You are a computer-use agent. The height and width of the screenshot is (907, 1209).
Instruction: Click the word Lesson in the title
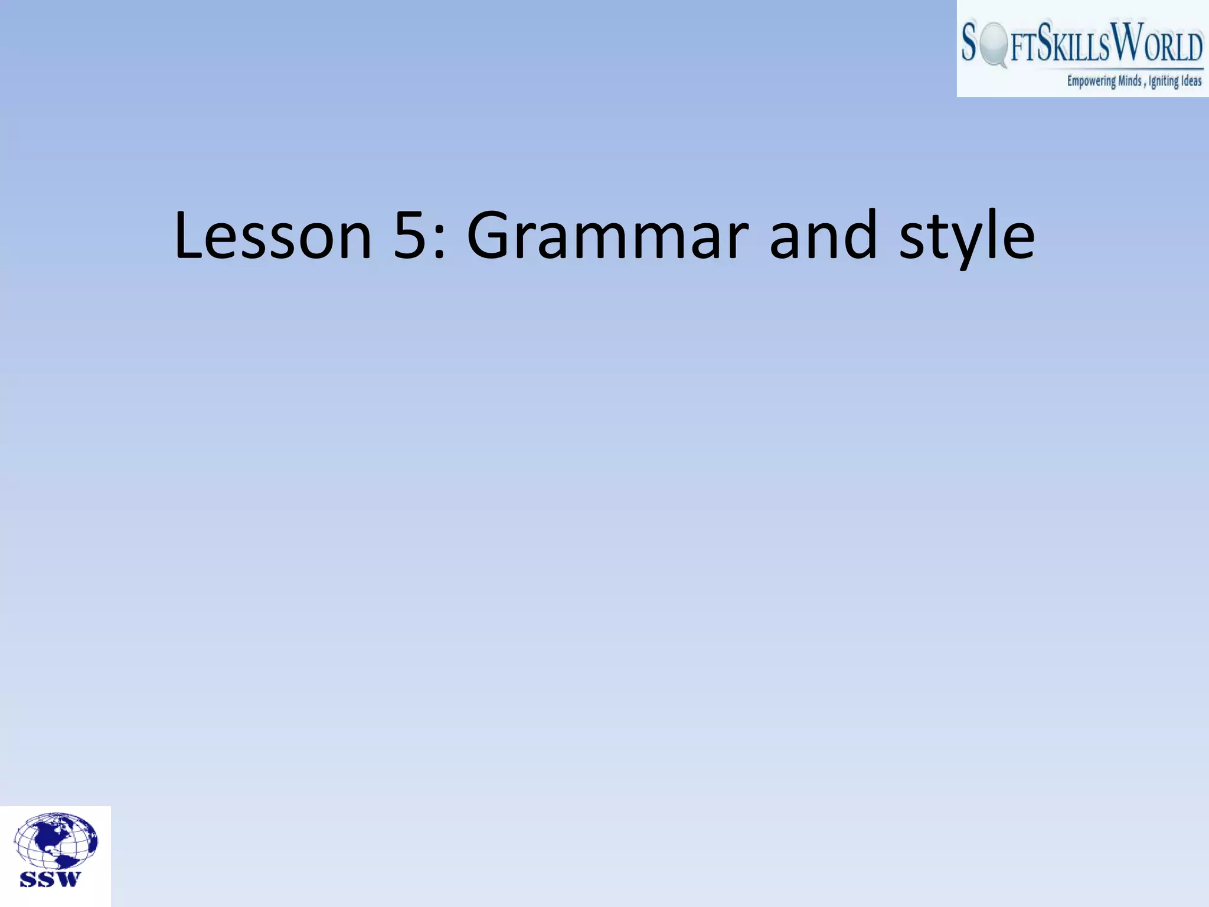[x=273, y=236]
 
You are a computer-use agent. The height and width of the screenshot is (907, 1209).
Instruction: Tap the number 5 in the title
[x=410, y=236]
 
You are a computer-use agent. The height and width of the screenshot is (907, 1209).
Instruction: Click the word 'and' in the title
[x=824, y=236]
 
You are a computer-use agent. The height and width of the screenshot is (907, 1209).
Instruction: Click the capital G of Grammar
[x=493, y=236]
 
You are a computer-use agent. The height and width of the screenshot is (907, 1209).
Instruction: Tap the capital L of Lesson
[x=188, y=236]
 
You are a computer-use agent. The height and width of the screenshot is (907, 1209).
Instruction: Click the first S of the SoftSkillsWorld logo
[x=969, y=43]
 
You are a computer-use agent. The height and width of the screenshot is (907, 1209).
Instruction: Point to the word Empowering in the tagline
[x=1091, y=81]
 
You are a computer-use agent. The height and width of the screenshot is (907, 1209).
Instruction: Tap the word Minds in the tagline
[x=1130, y=81]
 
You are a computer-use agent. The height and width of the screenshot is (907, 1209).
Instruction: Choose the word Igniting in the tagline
[x=1164, y=81]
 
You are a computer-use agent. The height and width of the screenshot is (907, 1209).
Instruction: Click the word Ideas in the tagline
[x=1191, y=81]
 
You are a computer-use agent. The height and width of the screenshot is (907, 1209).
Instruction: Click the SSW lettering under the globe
[x=50, y=879]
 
